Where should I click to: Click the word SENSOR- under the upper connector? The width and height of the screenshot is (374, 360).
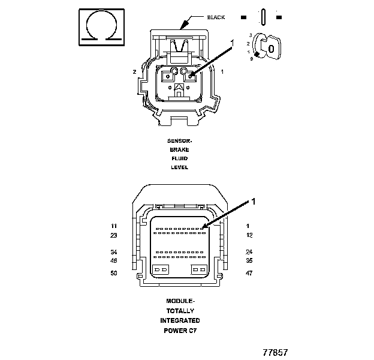(x=179, y=142)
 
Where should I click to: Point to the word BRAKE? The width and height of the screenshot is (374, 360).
(x=179, y=150)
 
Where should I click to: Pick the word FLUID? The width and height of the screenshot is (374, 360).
(x=179, y=158)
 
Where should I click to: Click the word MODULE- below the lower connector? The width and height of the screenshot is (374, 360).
(x=180, y=300)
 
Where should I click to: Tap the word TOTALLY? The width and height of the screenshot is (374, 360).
(x=180, y=310)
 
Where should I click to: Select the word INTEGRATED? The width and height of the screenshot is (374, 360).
(x=180, y=320)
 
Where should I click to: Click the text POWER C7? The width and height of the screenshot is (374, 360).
(x=180, y=331)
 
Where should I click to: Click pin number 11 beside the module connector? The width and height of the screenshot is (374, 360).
(x=113, y=226)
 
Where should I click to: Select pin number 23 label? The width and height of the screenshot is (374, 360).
(x=113, y=235)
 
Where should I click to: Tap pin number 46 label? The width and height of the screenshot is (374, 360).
(x=113, y=260)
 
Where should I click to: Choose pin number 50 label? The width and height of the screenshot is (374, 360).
(x=113, y=273)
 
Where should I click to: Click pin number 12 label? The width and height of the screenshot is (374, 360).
(x=249, y=235)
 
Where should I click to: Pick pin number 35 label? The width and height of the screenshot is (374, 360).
(x=249, y=260)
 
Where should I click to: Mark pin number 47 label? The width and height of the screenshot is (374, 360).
(x=249, y=273)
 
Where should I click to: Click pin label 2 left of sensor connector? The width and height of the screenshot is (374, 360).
(x=134, y=72)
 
